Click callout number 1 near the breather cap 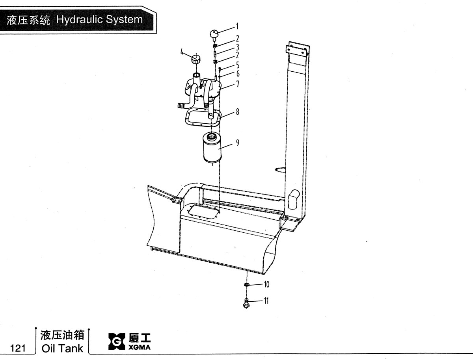[x=237, y=26]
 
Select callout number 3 [x=237, y=47]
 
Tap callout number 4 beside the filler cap [x=182, y=52]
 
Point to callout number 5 [x=237, y=65]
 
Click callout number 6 [x=238, y=74]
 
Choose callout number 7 [x=237, y=84]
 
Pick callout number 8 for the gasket [x=237, y=112]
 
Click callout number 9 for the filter [x=237, y=143]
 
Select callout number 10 [x=266, y=284]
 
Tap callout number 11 [x=266, y=301]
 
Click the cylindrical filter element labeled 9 [x=212, y=148]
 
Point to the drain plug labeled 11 [x=246, y=303]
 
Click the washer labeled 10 [x=247, y=285]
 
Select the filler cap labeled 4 [x=196, y=59]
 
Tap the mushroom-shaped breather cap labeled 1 [x=214, y=36]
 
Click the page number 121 [x=18, y=348]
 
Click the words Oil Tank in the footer [x=62, y=348]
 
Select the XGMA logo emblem [x=117, y=341]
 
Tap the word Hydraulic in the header [x=79, y=20]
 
